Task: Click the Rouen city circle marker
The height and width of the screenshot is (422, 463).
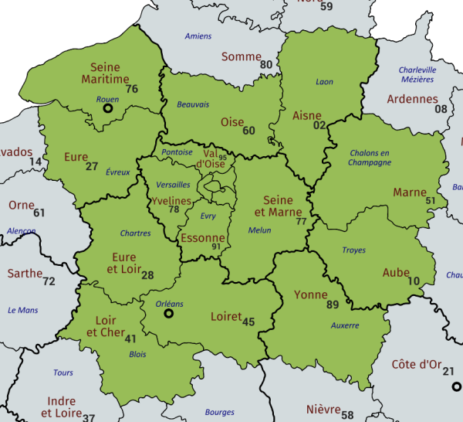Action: (108, 110)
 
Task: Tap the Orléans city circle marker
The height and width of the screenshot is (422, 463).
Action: (169, 314)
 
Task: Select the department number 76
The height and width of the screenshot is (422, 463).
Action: (131, 89)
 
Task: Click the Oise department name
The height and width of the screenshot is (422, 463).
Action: (231, 122)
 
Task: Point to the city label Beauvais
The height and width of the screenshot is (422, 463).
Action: (193, 104)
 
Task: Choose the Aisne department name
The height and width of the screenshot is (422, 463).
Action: (307, 116)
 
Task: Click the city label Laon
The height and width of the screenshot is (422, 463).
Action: (325, 82)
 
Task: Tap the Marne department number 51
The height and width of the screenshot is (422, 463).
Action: (431, 201)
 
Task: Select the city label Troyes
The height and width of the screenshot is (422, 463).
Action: (354, 250)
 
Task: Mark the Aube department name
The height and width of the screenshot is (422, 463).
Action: (396, 273)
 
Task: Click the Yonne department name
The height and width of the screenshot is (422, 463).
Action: (311, 294)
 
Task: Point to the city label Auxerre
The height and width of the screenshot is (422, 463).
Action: (344, 325)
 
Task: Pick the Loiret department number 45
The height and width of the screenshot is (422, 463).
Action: (248, 322)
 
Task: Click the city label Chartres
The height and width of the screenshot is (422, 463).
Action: (136, 233)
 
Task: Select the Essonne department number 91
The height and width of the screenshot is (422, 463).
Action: (216, 247)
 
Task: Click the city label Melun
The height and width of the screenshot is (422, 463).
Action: (260, 230)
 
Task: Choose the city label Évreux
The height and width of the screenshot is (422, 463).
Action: (118, 172)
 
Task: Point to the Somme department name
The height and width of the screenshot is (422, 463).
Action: (241, 56)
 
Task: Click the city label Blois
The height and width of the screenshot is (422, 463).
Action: (137, 354)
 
